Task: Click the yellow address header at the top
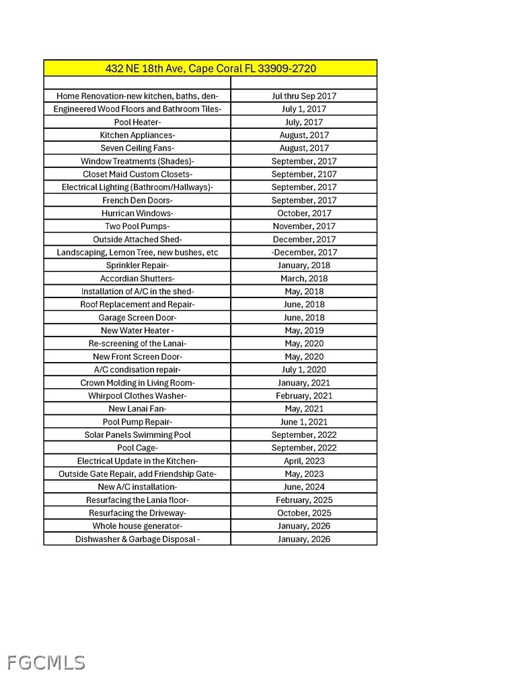point(211,69)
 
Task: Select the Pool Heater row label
point(137,122)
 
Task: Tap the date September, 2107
point(304,174)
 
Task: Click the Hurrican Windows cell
point(137,213)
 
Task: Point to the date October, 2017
point(304,213)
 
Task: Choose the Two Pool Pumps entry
point(137,226)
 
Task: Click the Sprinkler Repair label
point(137,265)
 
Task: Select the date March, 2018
point(304,278)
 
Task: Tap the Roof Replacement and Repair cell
point(137,304)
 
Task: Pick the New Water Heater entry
point(137,330)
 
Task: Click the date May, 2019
point(304,330)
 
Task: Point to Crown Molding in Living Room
point(137,383)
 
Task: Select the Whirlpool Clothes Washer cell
point(137,396)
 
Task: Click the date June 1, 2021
point(304,422)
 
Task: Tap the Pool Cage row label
point(137,448)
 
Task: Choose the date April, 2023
point(304,461)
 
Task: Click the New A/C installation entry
point(137,487)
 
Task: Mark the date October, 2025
point(304,513)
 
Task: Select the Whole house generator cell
point(137,526)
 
